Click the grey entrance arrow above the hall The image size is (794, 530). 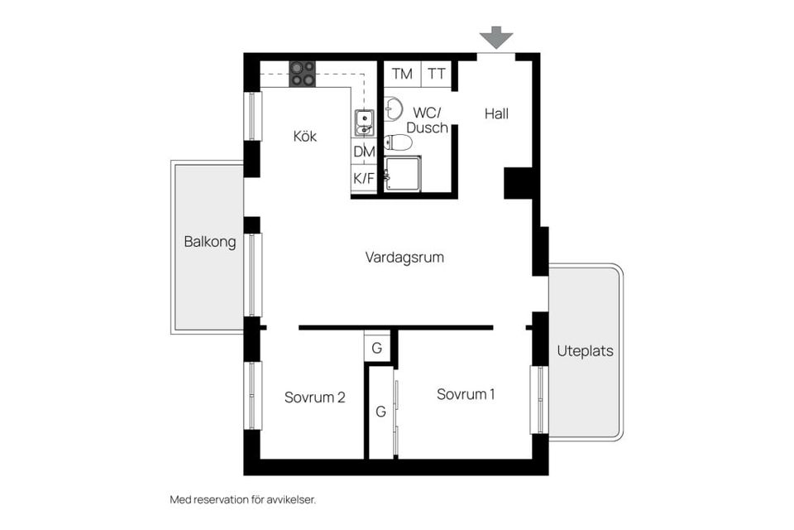tap(496, 37)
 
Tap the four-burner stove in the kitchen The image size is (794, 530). tap(302, 74)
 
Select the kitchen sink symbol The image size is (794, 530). tap(364, 123)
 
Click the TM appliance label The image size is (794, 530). tap(402, 74)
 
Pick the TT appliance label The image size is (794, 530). tap(437, 74)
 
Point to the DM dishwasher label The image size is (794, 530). tap(364, 152)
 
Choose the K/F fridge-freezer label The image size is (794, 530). tap(364, 178)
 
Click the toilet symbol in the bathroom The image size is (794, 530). tap(399, 142)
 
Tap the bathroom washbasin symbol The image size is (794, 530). tap(393, 108)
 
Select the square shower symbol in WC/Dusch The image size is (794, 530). tap(403, 174)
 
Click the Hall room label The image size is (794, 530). tap(496, 114)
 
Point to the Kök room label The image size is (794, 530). tap(305, 136)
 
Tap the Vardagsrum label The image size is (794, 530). tap(404, 258)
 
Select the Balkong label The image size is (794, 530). tap(209, 243)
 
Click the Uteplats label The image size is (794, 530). tap(585, 350)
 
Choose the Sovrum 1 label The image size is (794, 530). tap(466, 394)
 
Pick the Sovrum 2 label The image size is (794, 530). tap(314, 397)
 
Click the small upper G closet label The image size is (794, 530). tap(376, 348)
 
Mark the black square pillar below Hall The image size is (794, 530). tap(519, 183)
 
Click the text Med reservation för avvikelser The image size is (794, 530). tap(242, 499)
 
